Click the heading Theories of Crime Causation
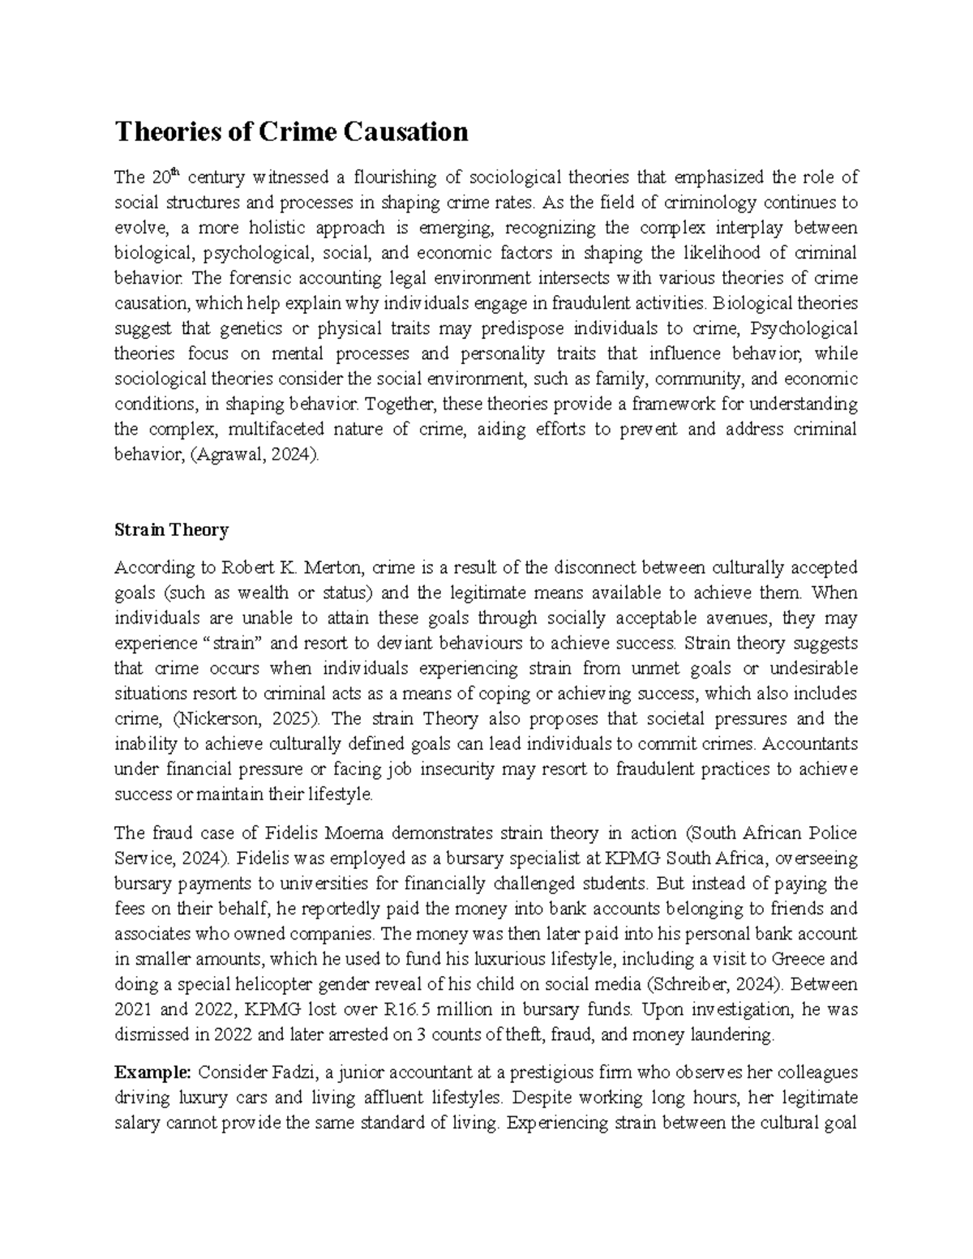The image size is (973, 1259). [x=292, y=131]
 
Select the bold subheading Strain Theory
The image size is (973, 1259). [x=172, y=530]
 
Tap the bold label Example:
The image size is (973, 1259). [x=152, y=1073]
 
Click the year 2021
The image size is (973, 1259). [x=131, y=1009]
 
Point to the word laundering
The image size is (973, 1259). [x=735, y=1034]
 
